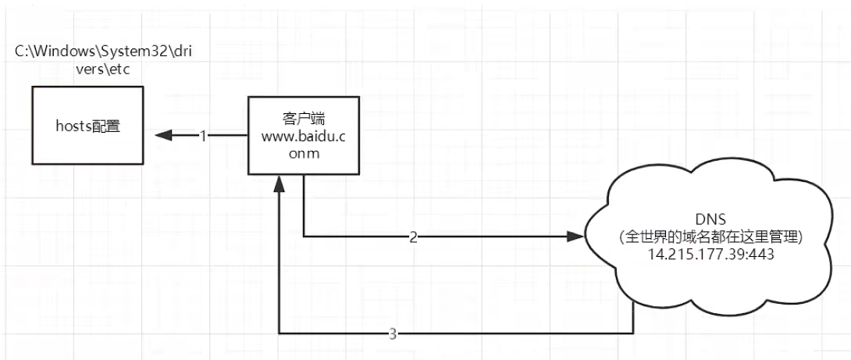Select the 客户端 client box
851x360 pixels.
pos(303,134)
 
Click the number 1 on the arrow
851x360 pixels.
pos(203,135)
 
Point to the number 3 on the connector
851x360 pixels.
pos(393,334)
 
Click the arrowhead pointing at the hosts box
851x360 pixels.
pos(163,135)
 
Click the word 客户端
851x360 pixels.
pos(303,119)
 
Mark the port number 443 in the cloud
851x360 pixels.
pos(759,255)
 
